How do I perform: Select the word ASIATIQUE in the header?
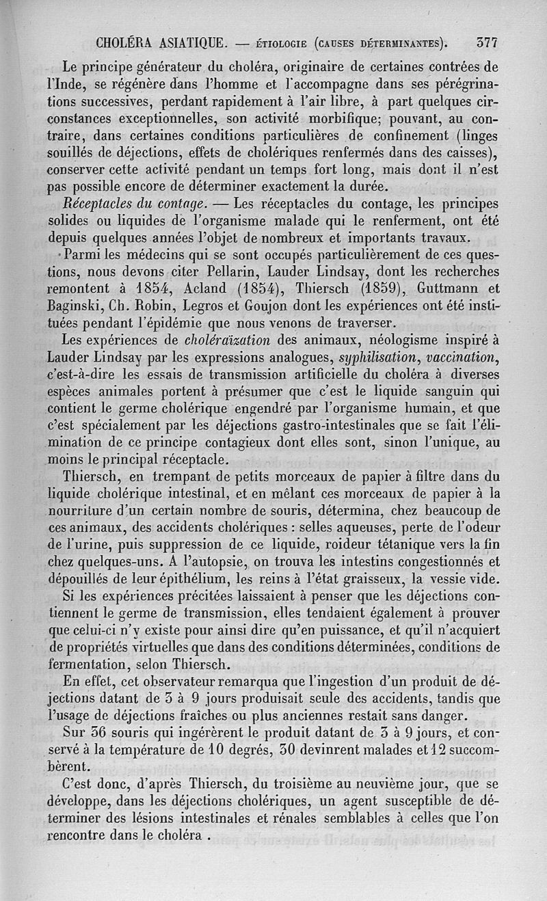click(x=183, y=42)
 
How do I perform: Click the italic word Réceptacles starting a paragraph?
click(x=94, y=203)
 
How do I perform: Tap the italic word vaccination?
click(x=461, y=358)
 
